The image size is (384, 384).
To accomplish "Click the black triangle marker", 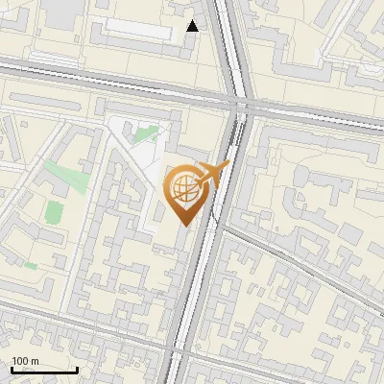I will (x=193, y=26).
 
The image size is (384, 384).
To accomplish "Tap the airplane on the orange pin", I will (x=213, y=174).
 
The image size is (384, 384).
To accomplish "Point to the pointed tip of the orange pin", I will (x=183, y=225).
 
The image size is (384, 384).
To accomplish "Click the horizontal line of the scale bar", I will (x=44, y=370).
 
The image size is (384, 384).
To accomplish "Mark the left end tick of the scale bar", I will (x=12, y=368).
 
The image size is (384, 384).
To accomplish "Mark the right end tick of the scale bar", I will (x=78, y=368).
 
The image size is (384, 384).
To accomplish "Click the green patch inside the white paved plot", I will (x=146, y=135).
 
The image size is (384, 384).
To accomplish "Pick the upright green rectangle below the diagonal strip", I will (x=56, y=211).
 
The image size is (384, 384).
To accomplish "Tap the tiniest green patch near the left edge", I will (x=31, y=264).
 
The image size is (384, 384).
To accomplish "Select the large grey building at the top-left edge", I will (x=61, y=12).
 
